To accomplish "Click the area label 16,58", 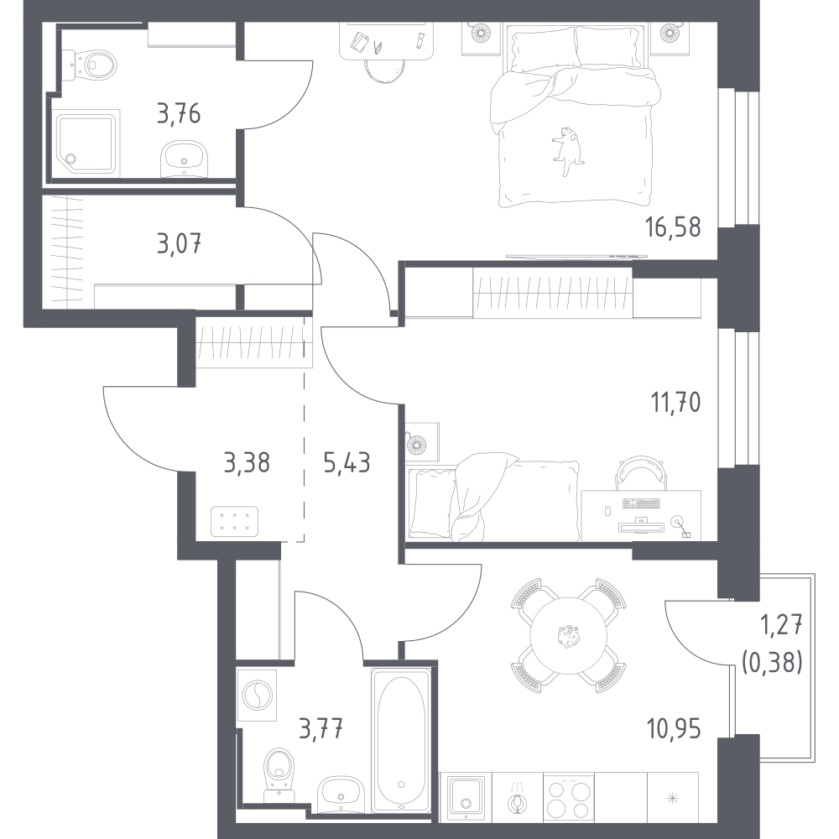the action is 673,227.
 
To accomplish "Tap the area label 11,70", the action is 675,402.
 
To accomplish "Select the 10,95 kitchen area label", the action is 674,728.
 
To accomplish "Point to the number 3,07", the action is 180,243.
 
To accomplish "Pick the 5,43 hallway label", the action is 347,462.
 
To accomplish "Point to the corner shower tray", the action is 86,143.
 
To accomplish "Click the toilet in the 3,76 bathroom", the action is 90,65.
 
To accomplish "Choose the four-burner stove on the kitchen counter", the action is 569,797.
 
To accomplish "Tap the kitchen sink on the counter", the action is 466,797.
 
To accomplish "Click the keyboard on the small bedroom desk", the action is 641,503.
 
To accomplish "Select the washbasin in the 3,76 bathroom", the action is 185,159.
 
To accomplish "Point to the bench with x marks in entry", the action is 235,522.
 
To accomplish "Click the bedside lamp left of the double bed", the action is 480,34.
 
